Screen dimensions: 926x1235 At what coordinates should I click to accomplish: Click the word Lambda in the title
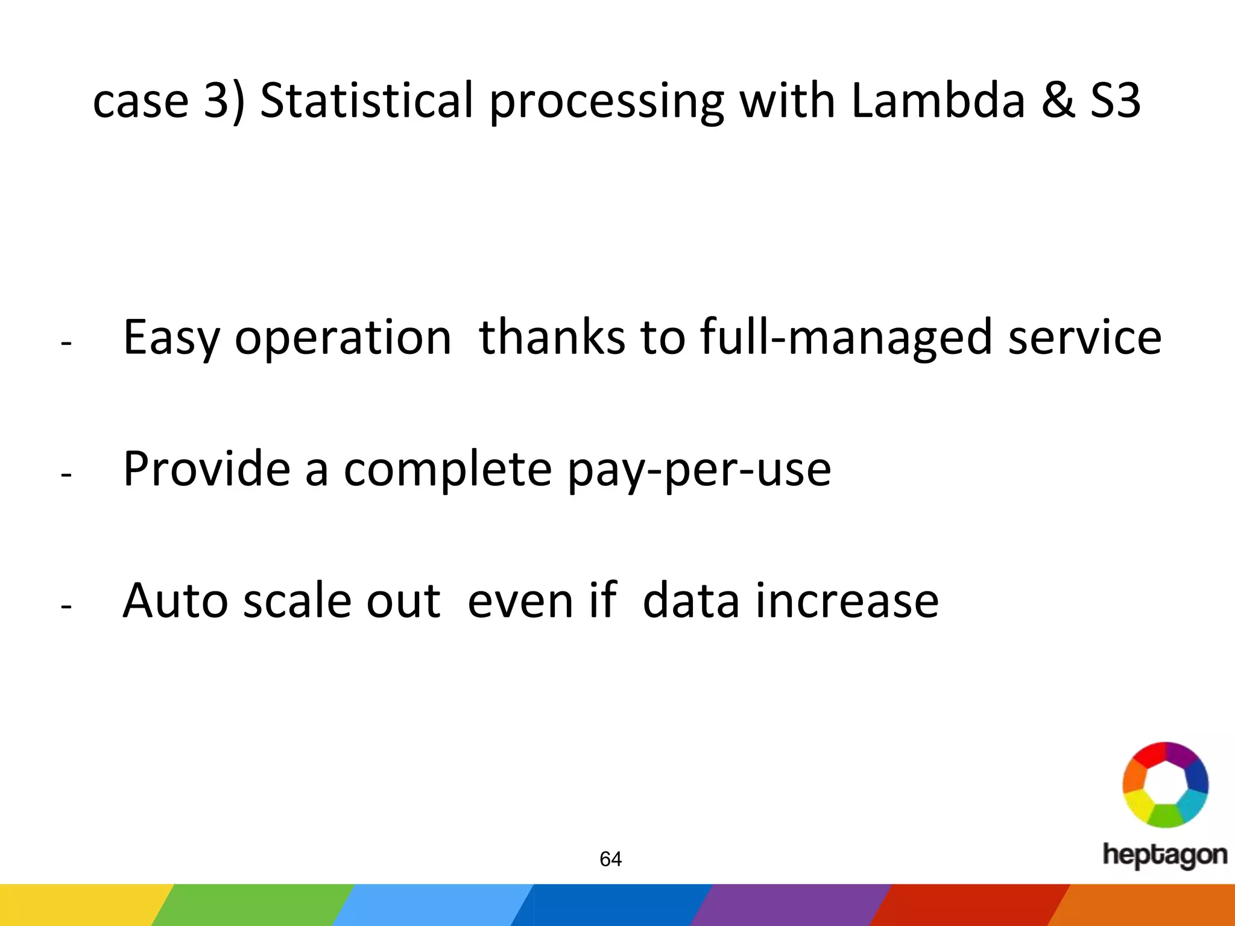pyautogui.click(x=938, y=100)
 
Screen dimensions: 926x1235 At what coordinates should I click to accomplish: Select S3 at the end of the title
pyautogui.click(x=1115, y=100)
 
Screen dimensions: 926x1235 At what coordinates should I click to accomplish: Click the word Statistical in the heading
pyautogui.click(x=367, y=100)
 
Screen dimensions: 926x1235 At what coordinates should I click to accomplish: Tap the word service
pyautogui.click(x=1085, y=338)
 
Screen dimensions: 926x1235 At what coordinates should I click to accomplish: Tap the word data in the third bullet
pyautogui.click(x=691, y=600)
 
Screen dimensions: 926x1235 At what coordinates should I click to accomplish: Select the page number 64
pyautogui.click(x=610, y=859)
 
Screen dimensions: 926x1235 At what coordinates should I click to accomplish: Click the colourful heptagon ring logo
pyautogui.click(x=1165, y=784)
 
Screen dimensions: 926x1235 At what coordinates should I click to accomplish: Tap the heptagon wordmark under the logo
pyautogui.click(x=1165, y=855)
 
